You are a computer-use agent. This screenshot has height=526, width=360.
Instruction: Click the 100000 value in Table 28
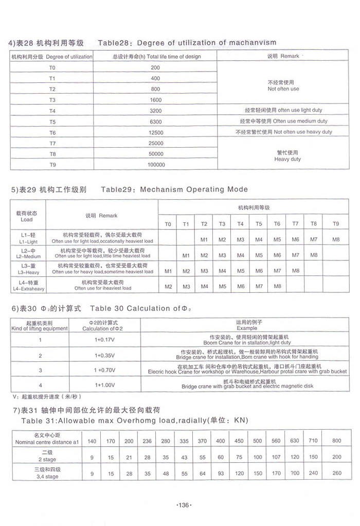pyautogui.click(x=155, y=165)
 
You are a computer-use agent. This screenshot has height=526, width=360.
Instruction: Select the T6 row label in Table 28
pyautogui.click(x=52, y=133)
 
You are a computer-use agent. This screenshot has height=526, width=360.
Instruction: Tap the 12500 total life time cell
pyautogui.click(x=155, y=133)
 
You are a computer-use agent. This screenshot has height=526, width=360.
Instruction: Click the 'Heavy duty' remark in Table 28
pyautogui.click(x=287, y=160)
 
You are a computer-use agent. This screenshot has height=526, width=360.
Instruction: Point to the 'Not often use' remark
pyautogui.click(x=283, y=89)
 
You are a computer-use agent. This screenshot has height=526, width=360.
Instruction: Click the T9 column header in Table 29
pyautogui.click(x=336, y=224)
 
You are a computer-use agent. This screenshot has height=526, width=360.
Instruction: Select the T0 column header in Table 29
pyautogui.click(x=168, y=224)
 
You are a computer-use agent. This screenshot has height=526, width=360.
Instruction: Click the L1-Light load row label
pyautogui.click(x=28, y=241)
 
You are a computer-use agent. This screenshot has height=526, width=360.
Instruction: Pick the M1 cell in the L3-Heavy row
pyautogui.click(x=168, y=271)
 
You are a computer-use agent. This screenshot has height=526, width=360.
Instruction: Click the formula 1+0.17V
pyautogui.click(x=104, y=340)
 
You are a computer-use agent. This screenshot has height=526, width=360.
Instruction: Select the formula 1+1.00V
pyautogui.click(x=104, y=384)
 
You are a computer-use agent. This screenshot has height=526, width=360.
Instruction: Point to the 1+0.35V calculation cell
pyautogui.click(x=104, y=355)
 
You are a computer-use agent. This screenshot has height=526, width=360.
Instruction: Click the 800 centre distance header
pyautogui.click(x=337, y=441)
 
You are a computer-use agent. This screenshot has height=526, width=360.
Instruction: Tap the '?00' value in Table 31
pyautogui.click(x=295, y=474)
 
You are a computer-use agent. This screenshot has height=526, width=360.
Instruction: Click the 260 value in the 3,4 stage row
pyautogui.click(x=337, y=474)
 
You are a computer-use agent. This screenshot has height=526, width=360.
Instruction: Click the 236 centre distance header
pyautogui.click(x=147, y=441)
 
